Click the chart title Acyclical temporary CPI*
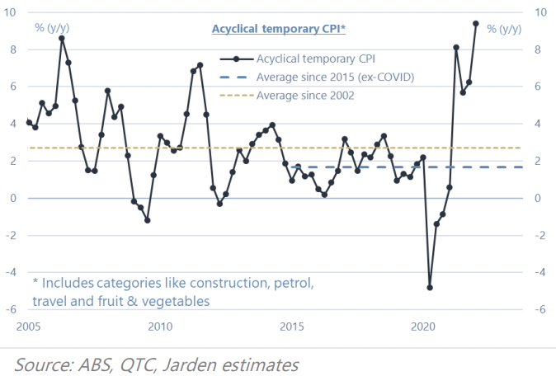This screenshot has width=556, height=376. coord(278,29)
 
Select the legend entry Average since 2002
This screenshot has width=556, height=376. coord(305,96)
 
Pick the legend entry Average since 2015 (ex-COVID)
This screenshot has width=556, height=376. coord(335,77)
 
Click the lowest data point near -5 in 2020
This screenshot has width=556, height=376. coord(430,288)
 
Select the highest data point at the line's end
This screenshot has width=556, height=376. coord(476,23)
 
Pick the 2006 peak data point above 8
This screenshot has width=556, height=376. coord(62,38)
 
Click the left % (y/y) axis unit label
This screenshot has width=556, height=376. coord(51,29)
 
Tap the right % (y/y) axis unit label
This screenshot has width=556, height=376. coord(503,29)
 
